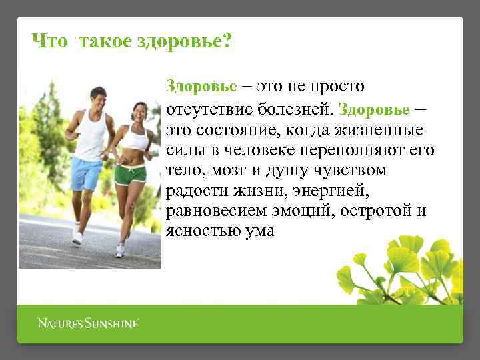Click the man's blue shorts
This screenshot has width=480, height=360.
point(86,173)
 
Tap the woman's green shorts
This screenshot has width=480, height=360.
point(129,175)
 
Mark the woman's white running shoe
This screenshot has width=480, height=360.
point(119,251)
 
